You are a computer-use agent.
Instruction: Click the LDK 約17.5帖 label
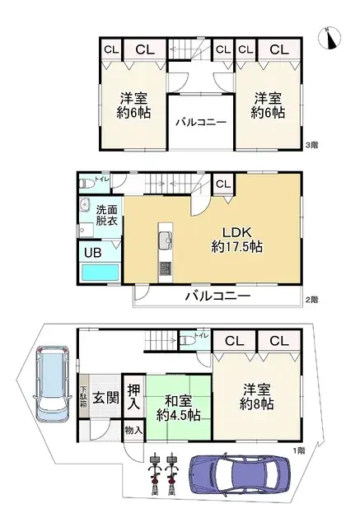[236, 237]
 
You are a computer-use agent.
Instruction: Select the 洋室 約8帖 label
[255, 396]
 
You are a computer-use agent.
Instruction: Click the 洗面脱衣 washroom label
[106, 215]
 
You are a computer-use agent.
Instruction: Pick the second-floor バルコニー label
[217, 295]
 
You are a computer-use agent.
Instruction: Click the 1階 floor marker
[301, 450]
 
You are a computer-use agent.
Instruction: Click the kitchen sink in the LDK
[163, 241]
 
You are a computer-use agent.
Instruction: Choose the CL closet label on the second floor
[222, 184]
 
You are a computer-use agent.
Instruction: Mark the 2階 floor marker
[311, 299]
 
